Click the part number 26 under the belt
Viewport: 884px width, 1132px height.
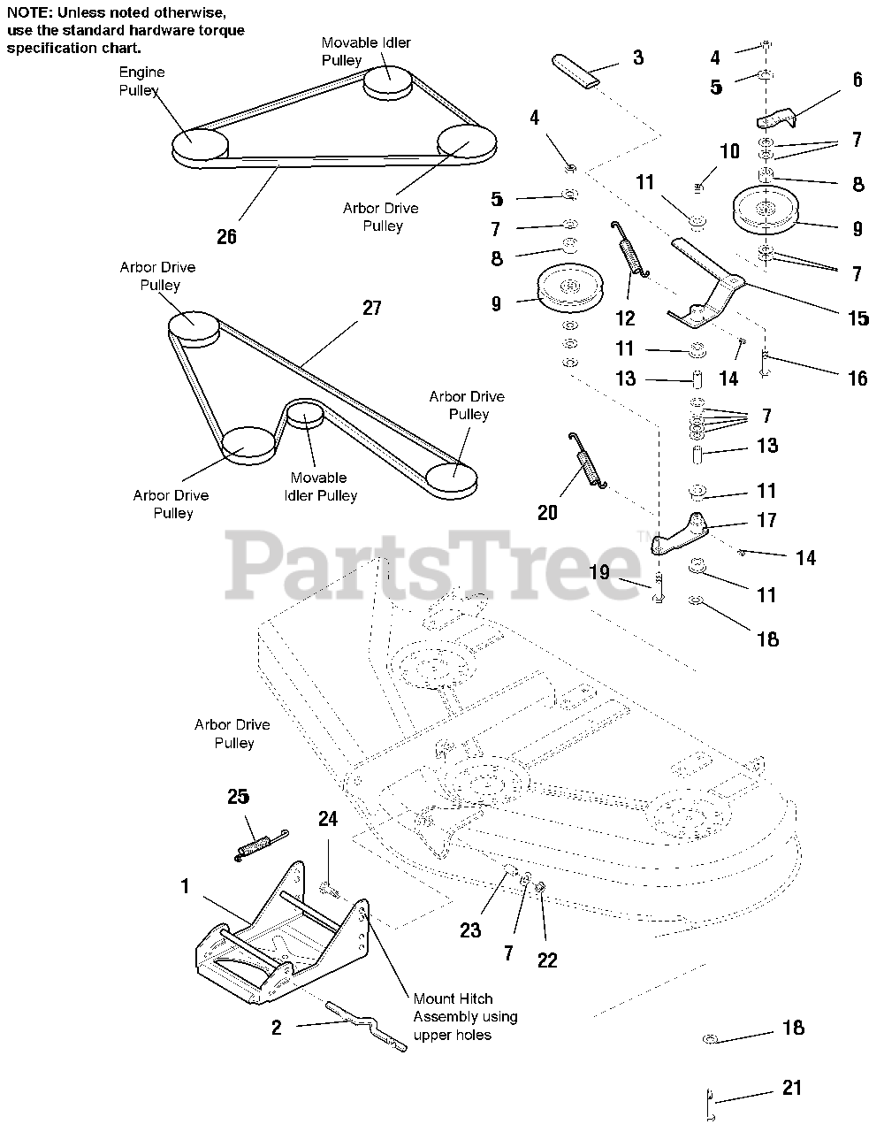227,236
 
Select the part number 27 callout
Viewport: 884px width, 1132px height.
371,308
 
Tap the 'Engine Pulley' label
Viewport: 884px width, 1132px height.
141,81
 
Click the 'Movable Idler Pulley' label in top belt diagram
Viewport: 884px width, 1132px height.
366,51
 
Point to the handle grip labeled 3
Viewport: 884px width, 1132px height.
575,69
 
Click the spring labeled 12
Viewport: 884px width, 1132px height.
629,256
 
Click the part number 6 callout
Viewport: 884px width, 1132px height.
857,80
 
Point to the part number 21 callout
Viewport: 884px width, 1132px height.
792,1087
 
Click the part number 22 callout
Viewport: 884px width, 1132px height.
547,960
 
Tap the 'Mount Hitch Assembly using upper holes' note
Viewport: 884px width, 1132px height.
465,1017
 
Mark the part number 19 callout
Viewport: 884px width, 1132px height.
599,572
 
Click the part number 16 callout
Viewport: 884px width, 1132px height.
857,378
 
